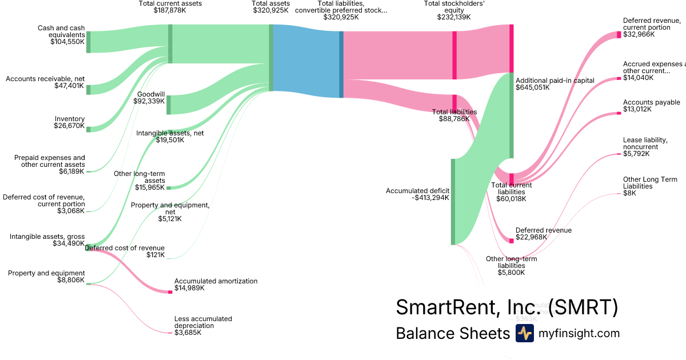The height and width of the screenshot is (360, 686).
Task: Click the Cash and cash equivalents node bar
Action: point(89,42)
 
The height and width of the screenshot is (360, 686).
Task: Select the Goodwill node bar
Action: point(169,105)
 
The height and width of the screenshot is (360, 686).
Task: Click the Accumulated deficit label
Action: point(417,191)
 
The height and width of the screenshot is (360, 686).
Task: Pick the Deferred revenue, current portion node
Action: point(619,35)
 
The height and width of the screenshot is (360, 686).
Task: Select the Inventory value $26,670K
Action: point(69,126)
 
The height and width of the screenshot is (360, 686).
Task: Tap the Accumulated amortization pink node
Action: point(170,292)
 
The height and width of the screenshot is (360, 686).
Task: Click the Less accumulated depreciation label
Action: point(203,322)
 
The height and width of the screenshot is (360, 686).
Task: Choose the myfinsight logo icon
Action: point(524,333)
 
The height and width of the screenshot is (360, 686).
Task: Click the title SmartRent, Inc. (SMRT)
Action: point(507,307)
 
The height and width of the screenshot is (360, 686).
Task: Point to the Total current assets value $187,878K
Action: point(170,10)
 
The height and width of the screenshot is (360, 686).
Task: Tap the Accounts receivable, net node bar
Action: point(89,89)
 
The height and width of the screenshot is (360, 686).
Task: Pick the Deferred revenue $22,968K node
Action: point(512,241)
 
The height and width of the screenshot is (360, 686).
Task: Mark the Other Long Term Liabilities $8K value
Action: point(629,193)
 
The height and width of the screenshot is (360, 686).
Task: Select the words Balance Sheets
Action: point(452,333)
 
